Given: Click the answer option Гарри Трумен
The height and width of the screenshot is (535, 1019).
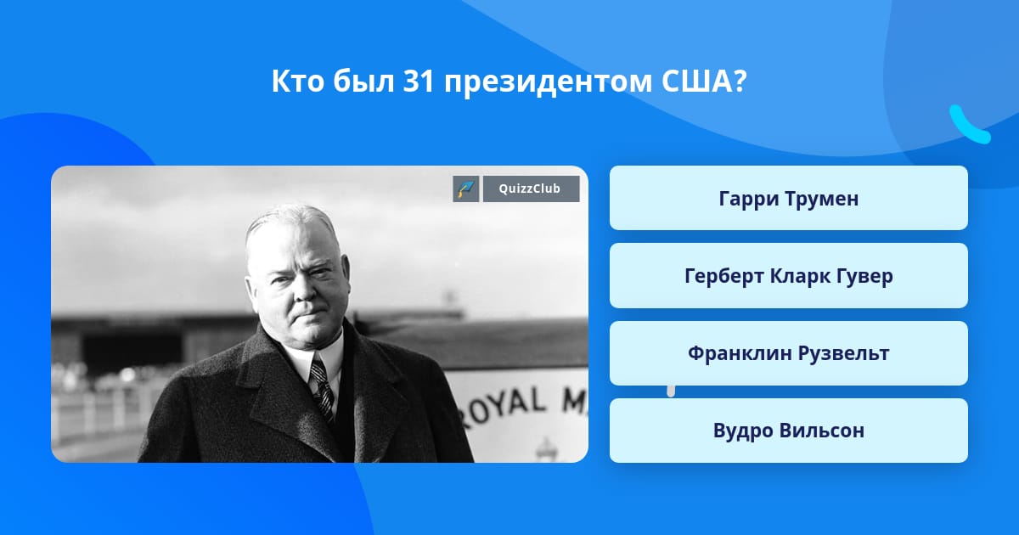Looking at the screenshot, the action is coord(788,198).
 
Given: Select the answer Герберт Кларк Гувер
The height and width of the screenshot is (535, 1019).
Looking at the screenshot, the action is coord(788,276).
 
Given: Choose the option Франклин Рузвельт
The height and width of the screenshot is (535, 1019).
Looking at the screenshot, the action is coord(788,353).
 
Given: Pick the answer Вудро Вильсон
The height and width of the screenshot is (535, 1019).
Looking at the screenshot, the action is coord(788,431).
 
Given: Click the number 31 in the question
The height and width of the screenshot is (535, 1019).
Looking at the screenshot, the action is coord(419,82).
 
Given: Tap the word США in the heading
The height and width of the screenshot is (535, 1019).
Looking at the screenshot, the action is coord(703,82).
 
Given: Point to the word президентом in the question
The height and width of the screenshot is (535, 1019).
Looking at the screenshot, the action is coord(549,84).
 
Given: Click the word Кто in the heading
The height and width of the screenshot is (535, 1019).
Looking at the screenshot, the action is coord(297,82).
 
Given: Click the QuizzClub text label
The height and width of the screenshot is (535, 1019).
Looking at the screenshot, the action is coord(530,189).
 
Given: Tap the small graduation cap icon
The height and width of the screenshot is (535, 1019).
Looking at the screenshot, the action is coord(466,189).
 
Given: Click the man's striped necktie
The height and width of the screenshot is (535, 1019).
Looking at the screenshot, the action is coord(323,386).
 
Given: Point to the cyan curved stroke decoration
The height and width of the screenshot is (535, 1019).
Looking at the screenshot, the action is coord(970,125).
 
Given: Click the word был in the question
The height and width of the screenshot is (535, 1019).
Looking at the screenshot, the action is coord(363,82).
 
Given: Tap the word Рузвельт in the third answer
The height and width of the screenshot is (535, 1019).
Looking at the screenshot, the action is coord(844,354).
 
